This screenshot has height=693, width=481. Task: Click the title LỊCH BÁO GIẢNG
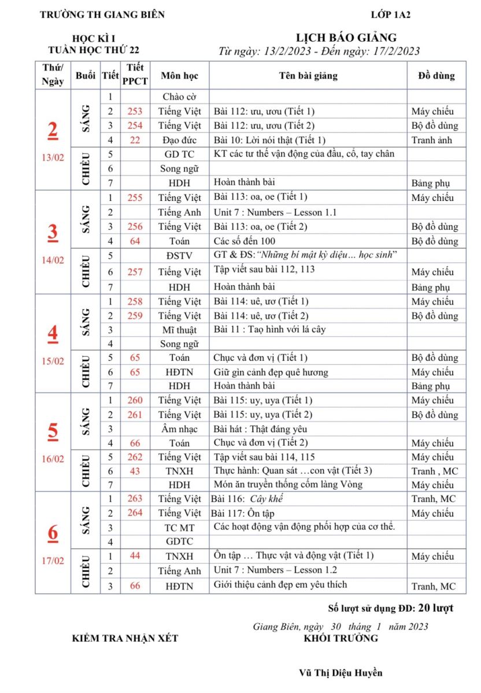(x=346, y=38)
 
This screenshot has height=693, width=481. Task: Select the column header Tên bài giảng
(x=308, y=76)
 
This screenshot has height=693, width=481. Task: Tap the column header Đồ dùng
(x=436, y=76)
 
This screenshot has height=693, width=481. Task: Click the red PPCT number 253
(x=135, y=111)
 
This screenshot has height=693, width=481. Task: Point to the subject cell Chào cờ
(x=180, y=97)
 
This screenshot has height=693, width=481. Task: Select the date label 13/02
(x=53, y=158)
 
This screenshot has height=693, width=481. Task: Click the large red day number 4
(x=53, y=333)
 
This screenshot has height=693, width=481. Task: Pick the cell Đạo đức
(x=180, y=140)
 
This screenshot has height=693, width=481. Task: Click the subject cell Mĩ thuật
(x=180, y=330)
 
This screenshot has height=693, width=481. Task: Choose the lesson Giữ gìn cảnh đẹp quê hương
(x=271, y=372)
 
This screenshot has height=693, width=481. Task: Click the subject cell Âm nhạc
(x=180, y=429)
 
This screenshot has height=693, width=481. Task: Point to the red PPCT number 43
(x=135, y=471)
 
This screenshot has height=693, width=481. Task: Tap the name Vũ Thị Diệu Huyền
(x=341, y=673)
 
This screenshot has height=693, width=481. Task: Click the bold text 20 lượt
(x=435, y=608)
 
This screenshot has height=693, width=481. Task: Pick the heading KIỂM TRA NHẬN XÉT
(x=125, y=639)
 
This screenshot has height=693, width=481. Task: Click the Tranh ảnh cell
(x=432, y=140)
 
